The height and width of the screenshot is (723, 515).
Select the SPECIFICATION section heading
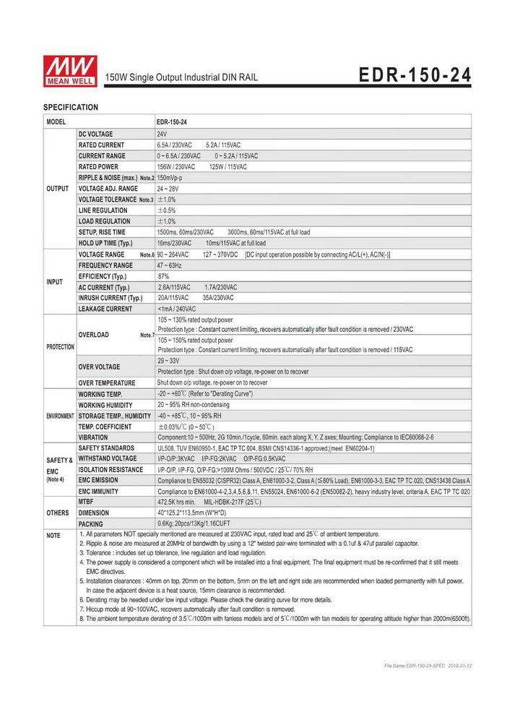coord(71,107)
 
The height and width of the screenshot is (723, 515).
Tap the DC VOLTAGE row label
coord(95,134)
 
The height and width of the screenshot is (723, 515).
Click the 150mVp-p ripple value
coord(170,178)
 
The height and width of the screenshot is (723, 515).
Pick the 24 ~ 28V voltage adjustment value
coord(169,189)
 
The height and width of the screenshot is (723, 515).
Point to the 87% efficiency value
coord(163,276)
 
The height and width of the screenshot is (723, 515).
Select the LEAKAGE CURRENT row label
coord(105,309)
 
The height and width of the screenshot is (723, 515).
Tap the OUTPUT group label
coord(57,189)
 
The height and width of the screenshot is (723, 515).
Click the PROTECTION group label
coord(60,347)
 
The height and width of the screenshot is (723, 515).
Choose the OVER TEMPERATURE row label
coord(107,382)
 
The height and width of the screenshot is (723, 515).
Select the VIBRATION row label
coord(93,437)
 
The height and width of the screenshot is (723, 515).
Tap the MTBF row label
coord(86,501)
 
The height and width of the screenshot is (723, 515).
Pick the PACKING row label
coord(90,523)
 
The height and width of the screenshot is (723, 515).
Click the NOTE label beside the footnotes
coord(53,536)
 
